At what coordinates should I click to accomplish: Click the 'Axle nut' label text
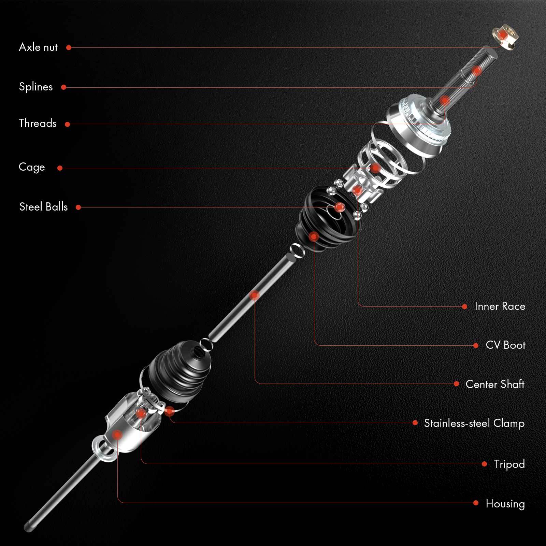38,47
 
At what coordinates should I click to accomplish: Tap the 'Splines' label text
36,87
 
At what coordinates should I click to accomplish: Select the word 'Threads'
38,123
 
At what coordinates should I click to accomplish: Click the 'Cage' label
32,167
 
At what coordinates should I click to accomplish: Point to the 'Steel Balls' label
43,207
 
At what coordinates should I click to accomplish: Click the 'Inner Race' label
500,306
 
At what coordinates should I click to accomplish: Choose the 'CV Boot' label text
505,345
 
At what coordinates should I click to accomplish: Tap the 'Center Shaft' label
495,384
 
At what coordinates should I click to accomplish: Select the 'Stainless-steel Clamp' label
474,423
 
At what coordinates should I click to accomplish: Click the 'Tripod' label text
509,464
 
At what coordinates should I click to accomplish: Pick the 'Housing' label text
505,503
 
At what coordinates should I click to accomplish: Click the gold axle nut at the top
505,35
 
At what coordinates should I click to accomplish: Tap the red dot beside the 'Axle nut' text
69,48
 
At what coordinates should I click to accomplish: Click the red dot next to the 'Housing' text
476,503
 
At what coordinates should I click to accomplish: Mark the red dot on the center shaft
255,295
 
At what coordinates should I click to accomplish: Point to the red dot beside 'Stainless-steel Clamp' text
415,423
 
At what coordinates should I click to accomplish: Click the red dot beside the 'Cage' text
60,168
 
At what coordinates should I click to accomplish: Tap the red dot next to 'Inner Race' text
464,306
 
